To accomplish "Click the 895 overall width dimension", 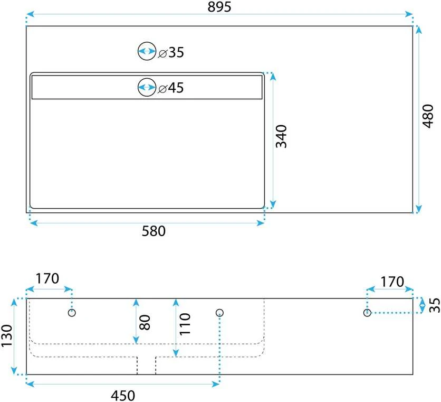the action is coord(219,7).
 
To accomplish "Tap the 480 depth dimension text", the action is coord(428,116).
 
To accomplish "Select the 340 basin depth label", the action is coord(281,136).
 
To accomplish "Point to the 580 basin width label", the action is coord(154,231).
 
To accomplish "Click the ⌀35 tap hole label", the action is coord(171,52).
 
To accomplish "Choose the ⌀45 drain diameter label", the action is coord(171,88).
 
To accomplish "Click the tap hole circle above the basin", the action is coord(147,51).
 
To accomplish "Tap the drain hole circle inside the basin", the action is coord(147,87).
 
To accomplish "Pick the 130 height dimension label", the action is coord(7,335).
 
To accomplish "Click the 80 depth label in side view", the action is coord(145,323).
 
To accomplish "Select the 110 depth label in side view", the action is coord(185,324).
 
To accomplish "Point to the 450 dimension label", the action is coord(123,396).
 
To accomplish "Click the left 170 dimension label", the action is coord(47,279).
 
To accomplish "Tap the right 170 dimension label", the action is coord(392,282).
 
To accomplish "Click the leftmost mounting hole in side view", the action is coord(72,313).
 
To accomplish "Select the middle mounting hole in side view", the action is coord(219,313).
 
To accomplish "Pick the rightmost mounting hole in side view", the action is coord(367,313).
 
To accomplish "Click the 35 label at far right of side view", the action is coord(435,305).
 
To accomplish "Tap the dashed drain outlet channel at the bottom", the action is coord(147,366).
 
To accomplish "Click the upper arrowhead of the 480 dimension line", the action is coord(419,30).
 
